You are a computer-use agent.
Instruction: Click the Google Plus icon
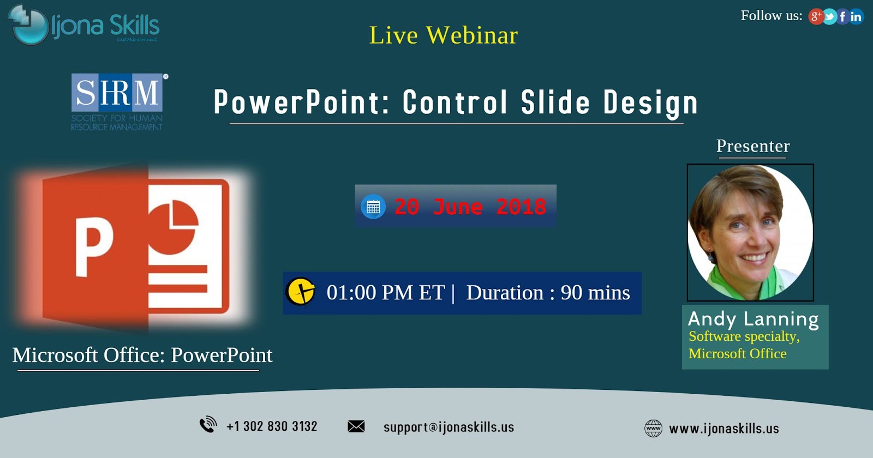(816, 16)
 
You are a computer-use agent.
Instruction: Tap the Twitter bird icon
(829, 17)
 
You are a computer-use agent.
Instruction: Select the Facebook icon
(843, 17)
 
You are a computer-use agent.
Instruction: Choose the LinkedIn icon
(856, 17)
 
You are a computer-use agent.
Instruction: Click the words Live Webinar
(443, 35)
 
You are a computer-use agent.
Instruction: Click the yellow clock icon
(300, 292)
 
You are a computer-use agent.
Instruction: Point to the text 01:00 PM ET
(385, 293)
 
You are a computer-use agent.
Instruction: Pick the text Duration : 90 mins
(548, 293)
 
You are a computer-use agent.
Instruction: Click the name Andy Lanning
(753, 319)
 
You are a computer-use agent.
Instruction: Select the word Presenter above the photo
(752, 146)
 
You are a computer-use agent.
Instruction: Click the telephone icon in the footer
(208, 425)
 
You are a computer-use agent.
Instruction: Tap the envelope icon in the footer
(356, 426)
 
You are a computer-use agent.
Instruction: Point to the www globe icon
(653, 428)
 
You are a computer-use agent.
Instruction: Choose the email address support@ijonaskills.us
(449, 427)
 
